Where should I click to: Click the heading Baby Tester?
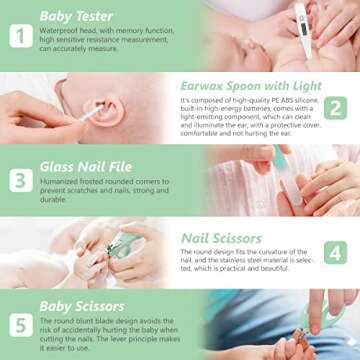click(76, 16)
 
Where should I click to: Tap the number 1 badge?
click(20, 36)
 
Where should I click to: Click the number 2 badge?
click(336, 108)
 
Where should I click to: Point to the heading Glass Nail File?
click(85, 166)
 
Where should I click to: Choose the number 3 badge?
click(20, 181)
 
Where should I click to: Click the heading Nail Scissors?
click(221, 238)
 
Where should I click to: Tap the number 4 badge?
click(336, 252)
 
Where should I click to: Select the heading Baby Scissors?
click(82, 305)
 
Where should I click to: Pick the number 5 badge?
click(20, 325)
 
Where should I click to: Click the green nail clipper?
click(125, 245)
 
